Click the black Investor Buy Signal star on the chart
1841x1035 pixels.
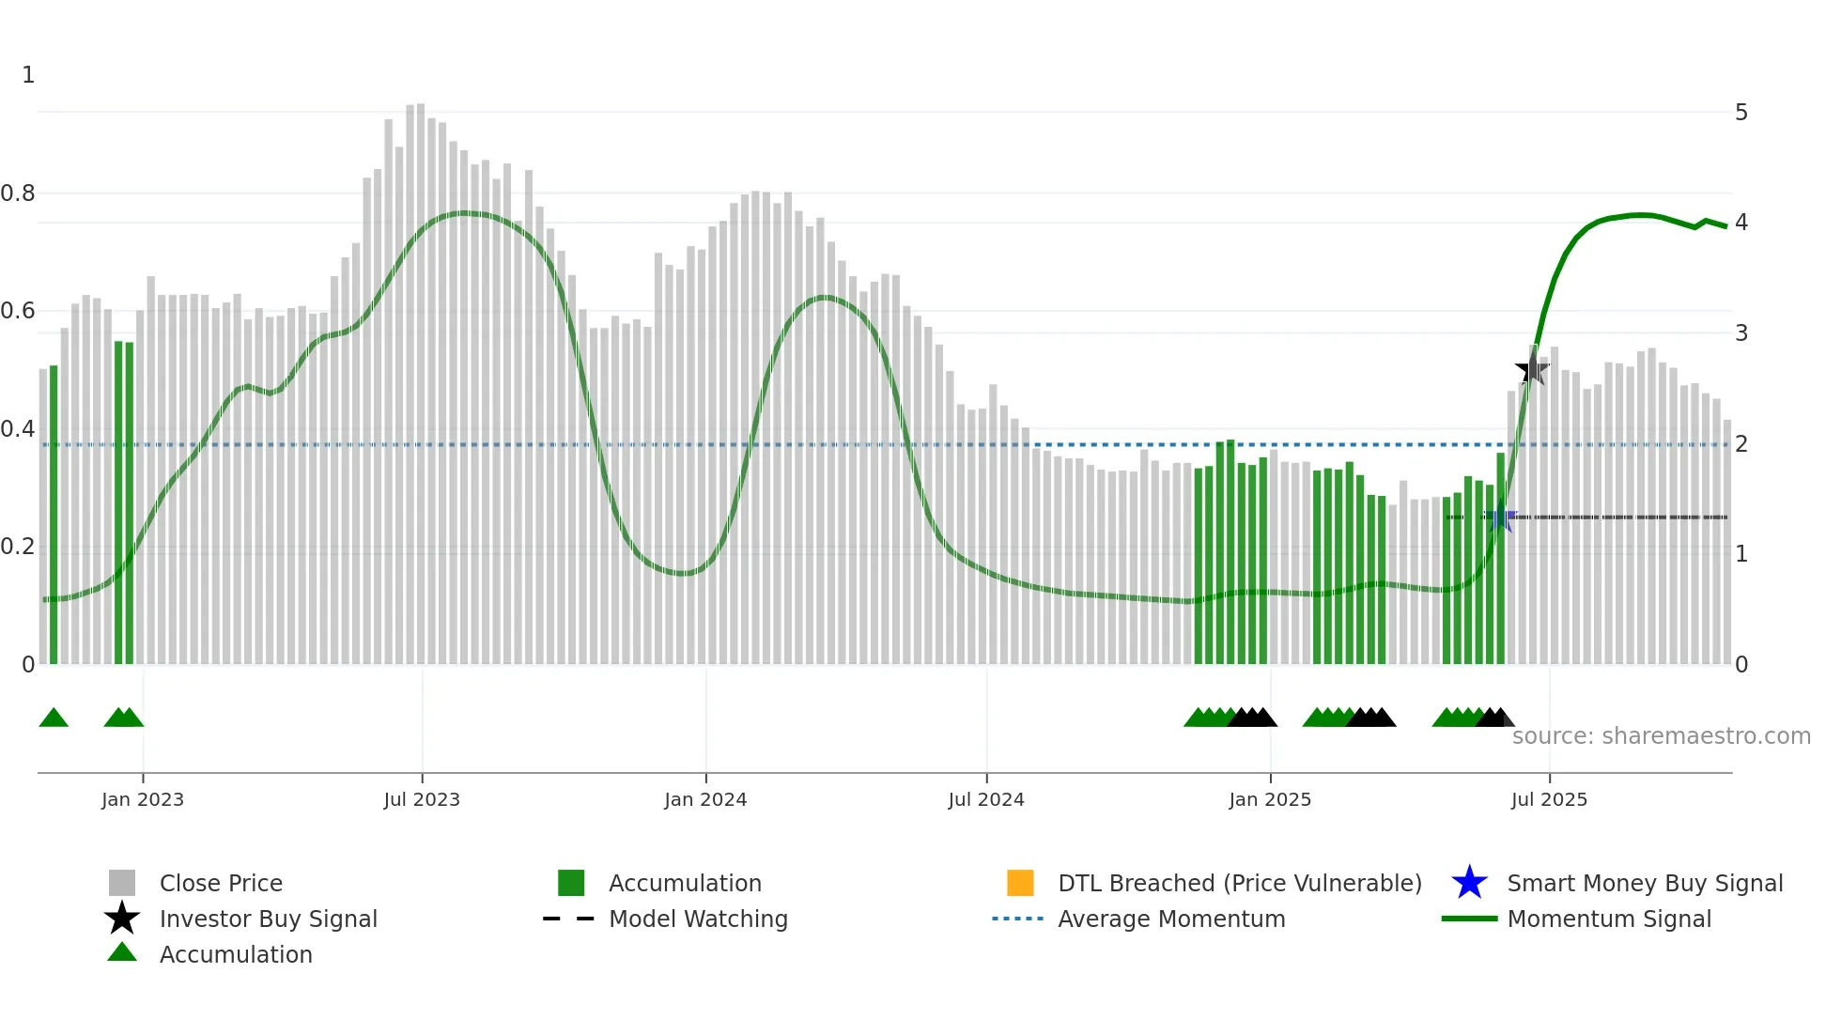(1532, 369)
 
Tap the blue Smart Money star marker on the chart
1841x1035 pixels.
(1500, 517)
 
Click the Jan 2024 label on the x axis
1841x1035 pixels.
(705, 799)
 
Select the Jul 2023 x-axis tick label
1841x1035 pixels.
(422, 799)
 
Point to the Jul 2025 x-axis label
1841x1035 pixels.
(1549, 799)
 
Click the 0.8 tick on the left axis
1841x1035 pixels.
(18, 193)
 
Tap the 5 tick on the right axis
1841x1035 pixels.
(1741, 113)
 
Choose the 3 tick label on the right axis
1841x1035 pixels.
(1741, 333)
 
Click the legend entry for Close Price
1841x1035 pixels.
(221, 883)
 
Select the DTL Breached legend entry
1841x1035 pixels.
(1239, 883)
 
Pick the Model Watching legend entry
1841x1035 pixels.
(698, 919)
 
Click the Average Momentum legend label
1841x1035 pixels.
(1170, 919)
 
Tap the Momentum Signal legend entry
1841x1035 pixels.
(1608, 919)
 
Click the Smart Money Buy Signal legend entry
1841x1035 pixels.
(1644, 883)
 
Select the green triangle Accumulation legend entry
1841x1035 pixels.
(235, 954)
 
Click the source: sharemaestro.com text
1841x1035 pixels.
(1661, 735)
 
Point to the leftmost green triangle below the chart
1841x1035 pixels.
(54, 718)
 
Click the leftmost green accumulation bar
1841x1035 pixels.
(54, 517)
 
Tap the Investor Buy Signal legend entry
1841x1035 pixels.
(268, 919)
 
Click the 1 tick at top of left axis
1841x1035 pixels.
(28, 75)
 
